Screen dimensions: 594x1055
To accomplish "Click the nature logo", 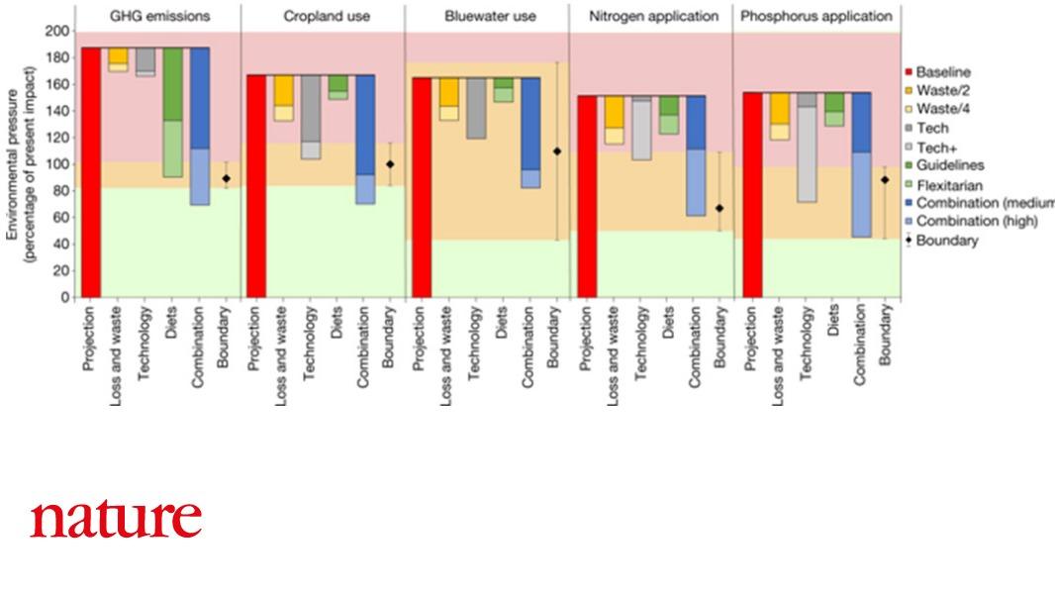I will [x=116, y=519].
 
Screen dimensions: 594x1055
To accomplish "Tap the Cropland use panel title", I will [x=323, y=16].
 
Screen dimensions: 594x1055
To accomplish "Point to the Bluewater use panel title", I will [x=486, y=16].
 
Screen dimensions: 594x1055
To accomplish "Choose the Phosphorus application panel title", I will [x=815, y=16].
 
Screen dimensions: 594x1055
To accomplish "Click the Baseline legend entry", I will [x=942, y=72].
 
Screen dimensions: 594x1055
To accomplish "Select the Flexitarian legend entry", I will [x=948, y=184].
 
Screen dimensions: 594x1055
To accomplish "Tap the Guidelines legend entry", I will [x=946, y=165].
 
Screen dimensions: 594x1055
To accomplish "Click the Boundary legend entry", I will [x=944, y=240].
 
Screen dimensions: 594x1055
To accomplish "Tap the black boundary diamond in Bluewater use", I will [x=556, y=151].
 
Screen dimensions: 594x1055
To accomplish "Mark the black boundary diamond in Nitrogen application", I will [x=719, y=208].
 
